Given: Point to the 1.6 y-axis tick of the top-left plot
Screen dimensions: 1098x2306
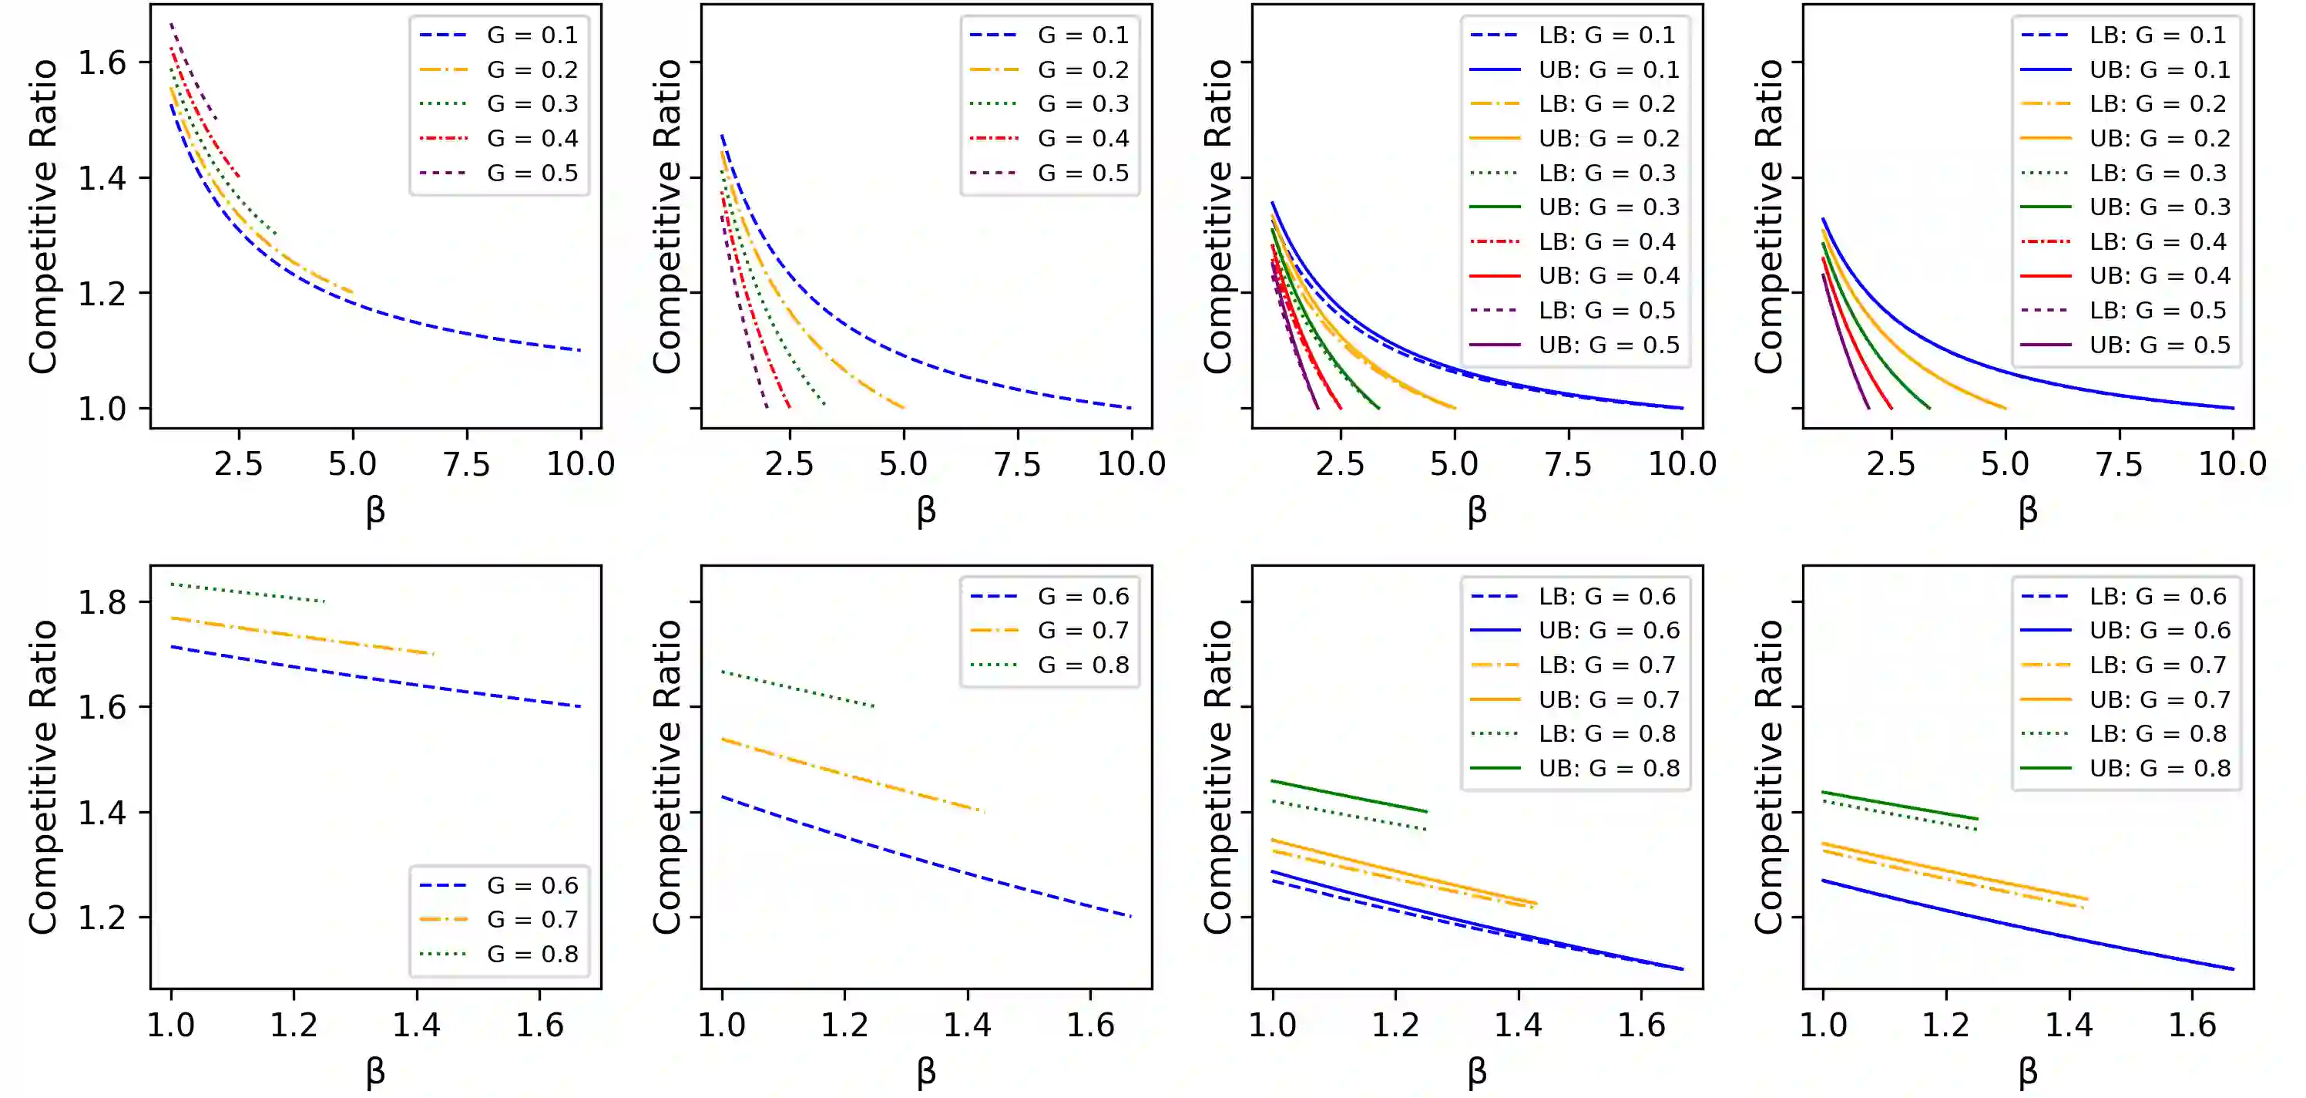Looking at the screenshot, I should coord(102,62).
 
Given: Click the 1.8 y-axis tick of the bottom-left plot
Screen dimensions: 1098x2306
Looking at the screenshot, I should coord(102,602).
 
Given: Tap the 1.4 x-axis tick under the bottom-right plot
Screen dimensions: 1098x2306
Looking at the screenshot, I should coord(2069,1025).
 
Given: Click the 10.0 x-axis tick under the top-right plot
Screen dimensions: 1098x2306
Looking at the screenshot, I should coord(2233,464).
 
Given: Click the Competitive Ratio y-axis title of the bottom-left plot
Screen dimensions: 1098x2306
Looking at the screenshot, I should coord(43,777).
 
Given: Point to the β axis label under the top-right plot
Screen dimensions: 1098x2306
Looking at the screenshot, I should coord(2028,510).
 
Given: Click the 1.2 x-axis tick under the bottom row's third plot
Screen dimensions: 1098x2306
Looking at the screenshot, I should coord(1395,1025).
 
